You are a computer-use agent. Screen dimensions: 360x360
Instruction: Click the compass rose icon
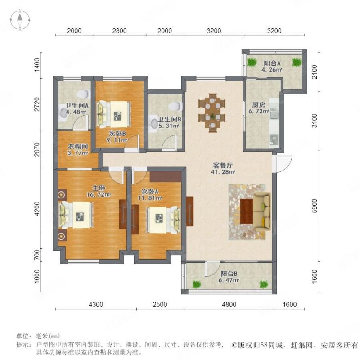pyautogui.click(x=20, y=20)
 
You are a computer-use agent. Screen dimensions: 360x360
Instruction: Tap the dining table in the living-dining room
pyautogui.click(x=212, y=113)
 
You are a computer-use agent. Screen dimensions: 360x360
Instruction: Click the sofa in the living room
pyautogui.click(x=262, y=212)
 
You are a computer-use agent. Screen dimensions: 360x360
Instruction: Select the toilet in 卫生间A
pyautogui.click(x=83, y=94)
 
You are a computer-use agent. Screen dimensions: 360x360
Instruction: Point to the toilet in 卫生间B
pyautogui.click(x=175, y=106)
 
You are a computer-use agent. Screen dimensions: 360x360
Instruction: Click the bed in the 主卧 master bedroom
pyautogui.click(x=76, y=215)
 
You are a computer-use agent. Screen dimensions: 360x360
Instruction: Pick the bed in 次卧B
pyautogui.click(x=114, y=114)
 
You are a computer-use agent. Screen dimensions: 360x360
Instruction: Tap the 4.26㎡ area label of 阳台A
pyautogui.click(x=272, y=69)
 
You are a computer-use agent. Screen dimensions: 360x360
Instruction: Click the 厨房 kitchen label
pyautogui.click(x=258, y=105)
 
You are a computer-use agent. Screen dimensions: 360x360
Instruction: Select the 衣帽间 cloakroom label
pyautogui.click(x=78, y=146)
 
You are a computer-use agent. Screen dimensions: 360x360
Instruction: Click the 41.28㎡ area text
pyautogui.click(x=223, y=171)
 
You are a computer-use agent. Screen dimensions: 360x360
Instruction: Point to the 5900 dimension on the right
pyautogui.click(x=315, y=206)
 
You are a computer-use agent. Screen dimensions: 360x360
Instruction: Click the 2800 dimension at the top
pyautogui.click(x=119, y=31)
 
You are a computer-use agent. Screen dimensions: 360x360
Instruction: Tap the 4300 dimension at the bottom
pyautogui.click(x=96, y=305)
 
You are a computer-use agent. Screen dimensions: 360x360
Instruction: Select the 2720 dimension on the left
pyautogui.click(x=37, y=104)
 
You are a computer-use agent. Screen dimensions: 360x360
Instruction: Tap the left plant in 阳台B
pyautogui.click(x=197, y=284)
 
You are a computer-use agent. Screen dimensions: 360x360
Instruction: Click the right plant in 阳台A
pyautogui.click(x=297, y=62)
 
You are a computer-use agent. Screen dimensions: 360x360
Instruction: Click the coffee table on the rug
pyautogui.click(x=246, y=211)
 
